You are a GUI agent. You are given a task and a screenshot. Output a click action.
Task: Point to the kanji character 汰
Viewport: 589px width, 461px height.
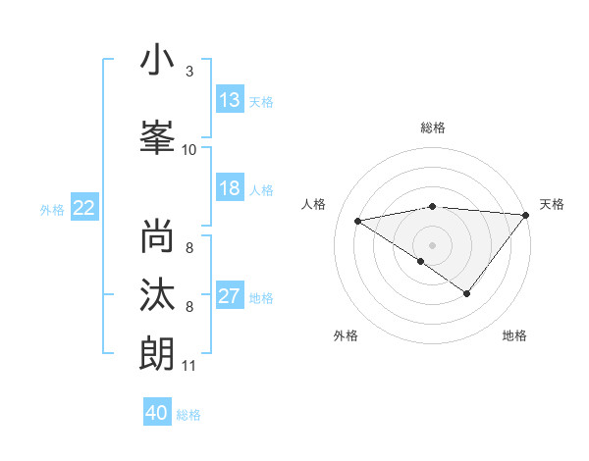pyautogui.click(x=157, y=295)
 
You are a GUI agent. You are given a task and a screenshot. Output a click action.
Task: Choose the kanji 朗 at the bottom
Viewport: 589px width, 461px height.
pyautogui.click(x=157, y=354)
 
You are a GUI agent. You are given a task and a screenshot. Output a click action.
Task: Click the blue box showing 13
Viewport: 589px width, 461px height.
pyautogui.click(x=230, y=100)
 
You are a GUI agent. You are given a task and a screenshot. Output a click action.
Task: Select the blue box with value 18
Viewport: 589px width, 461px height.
pyautogui.click(x=230, y=189)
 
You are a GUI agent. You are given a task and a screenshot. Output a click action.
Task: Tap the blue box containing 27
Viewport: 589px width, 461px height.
pyautogui.click(x=230, y=297)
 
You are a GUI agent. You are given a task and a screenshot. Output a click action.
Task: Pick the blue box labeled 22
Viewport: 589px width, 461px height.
pyautogui.click(x=83, y=208)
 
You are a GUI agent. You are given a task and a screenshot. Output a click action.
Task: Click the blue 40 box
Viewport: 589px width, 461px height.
pyautogui.click(x=157, y=413)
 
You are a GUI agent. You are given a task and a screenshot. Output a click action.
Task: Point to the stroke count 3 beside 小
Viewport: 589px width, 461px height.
pyautogui.click(x=189, y=72)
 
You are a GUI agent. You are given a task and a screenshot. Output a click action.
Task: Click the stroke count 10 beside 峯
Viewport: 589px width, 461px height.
pyautogui.click(x=189, y=149)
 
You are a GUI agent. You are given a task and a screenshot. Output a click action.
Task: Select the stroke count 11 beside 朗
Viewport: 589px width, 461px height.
pyautogui.click(x=189, y=366)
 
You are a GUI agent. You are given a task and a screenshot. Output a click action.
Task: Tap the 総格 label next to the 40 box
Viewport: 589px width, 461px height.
pyautogui.click(x=189, y=415)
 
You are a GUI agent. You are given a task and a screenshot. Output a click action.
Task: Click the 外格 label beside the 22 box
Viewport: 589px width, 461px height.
pyautogui.click(x=52, y=209)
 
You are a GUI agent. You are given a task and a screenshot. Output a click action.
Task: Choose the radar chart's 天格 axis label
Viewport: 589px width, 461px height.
pyautogui.click(x=552, y=204)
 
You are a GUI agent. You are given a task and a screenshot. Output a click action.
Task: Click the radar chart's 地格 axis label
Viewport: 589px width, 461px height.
pyautogui.click(x=514, y=335)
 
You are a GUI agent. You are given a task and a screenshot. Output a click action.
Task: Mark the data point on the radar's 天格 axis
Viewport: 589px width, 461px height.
pyautogui.click(x=526, y=215)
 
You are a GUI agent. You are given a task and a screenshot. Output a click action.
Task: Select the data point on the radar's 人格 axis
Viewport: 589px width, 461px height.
pyautogui.click(x=358, y=220)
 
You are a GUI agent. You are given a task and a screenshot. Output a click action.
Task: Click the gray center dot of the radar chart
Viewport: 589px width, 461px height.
pyautogui.click(x=432, y=244)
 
